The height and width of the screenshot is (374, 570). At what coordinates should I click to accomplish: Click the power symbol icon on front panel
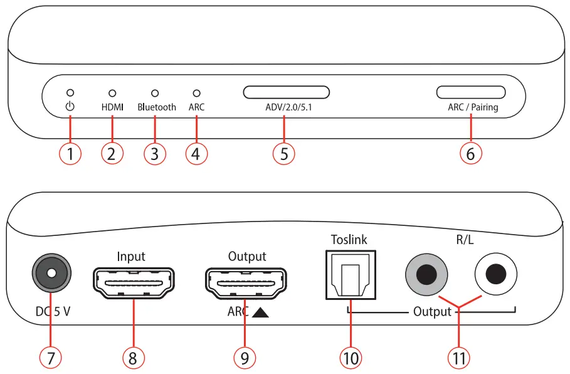70,107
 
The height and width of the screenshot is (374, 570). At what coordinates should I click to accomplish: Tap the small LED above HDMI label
112,93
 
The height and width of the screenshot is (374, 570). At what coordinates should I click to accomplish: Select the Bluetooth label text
157,107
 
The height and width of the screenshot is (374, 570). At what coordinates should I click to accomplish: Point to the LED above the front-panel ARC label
196,93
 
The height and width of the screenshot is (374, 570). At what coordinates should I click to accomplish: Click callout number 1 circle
70,152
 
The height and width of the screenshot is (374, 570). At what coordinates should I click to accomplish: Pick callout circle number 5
284,152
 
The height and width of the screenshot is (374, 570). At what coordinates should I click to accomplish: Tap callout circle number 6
471,152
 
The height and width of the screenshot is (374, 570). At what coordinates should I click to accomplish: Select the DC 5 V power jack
51,274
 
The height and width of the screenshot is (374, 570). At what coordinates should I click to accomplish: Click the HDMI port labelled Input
134,283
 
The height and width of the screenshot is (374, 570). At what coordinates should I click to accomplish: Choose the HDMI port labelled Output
246,283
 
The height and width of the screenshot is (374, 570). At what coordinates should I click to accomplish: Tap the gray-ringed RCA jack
428,274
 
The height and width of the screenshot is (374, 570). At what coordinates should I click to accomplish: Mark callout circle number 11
459,357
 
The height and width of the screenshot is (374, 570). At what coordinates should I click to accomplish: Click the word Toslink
349,239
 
